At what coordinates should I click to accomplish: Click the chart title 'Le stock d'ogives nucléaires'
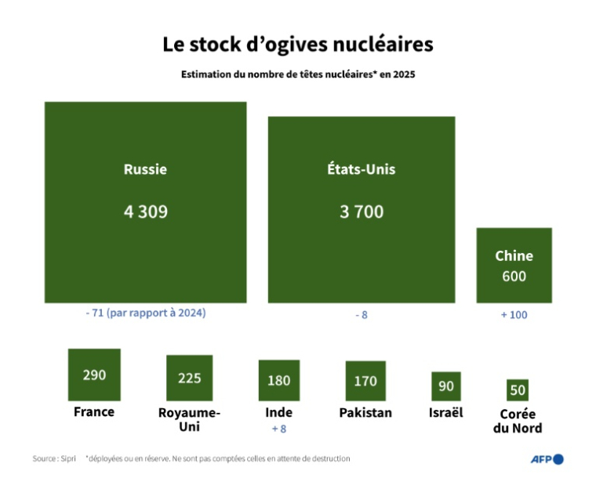coord(297,45)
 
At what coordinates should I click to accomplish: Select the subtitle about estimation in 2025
coord(297,76)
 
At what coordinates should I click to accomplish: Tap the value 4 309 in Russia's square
coord(145,212)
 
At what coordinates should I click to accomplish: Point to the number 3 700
coord(362,212)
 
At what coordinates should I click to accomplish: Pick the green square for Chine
coord(514,265)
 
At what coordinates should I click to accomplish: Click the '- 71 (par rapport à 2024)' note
coord(145,313)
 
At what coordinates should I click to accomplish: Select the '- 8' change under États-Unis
coord(362,314)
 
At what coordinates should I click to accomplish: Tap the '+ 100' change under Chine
coord(514,314)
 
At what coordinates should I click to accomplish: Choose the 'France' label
coord(94,412)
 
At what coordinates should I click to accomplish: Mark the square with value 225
coord(189,378)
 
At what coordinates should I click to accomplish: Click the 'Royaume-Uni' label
coord(189,419)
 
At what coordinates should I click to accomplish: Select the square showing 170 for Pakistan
coord(365,382)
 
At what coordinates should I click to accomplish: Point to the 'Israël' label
coord(446,412)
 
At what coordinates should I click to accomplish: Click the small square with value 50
coord(518,389)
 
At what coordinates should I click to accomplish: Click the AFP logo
coord(547,459)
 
